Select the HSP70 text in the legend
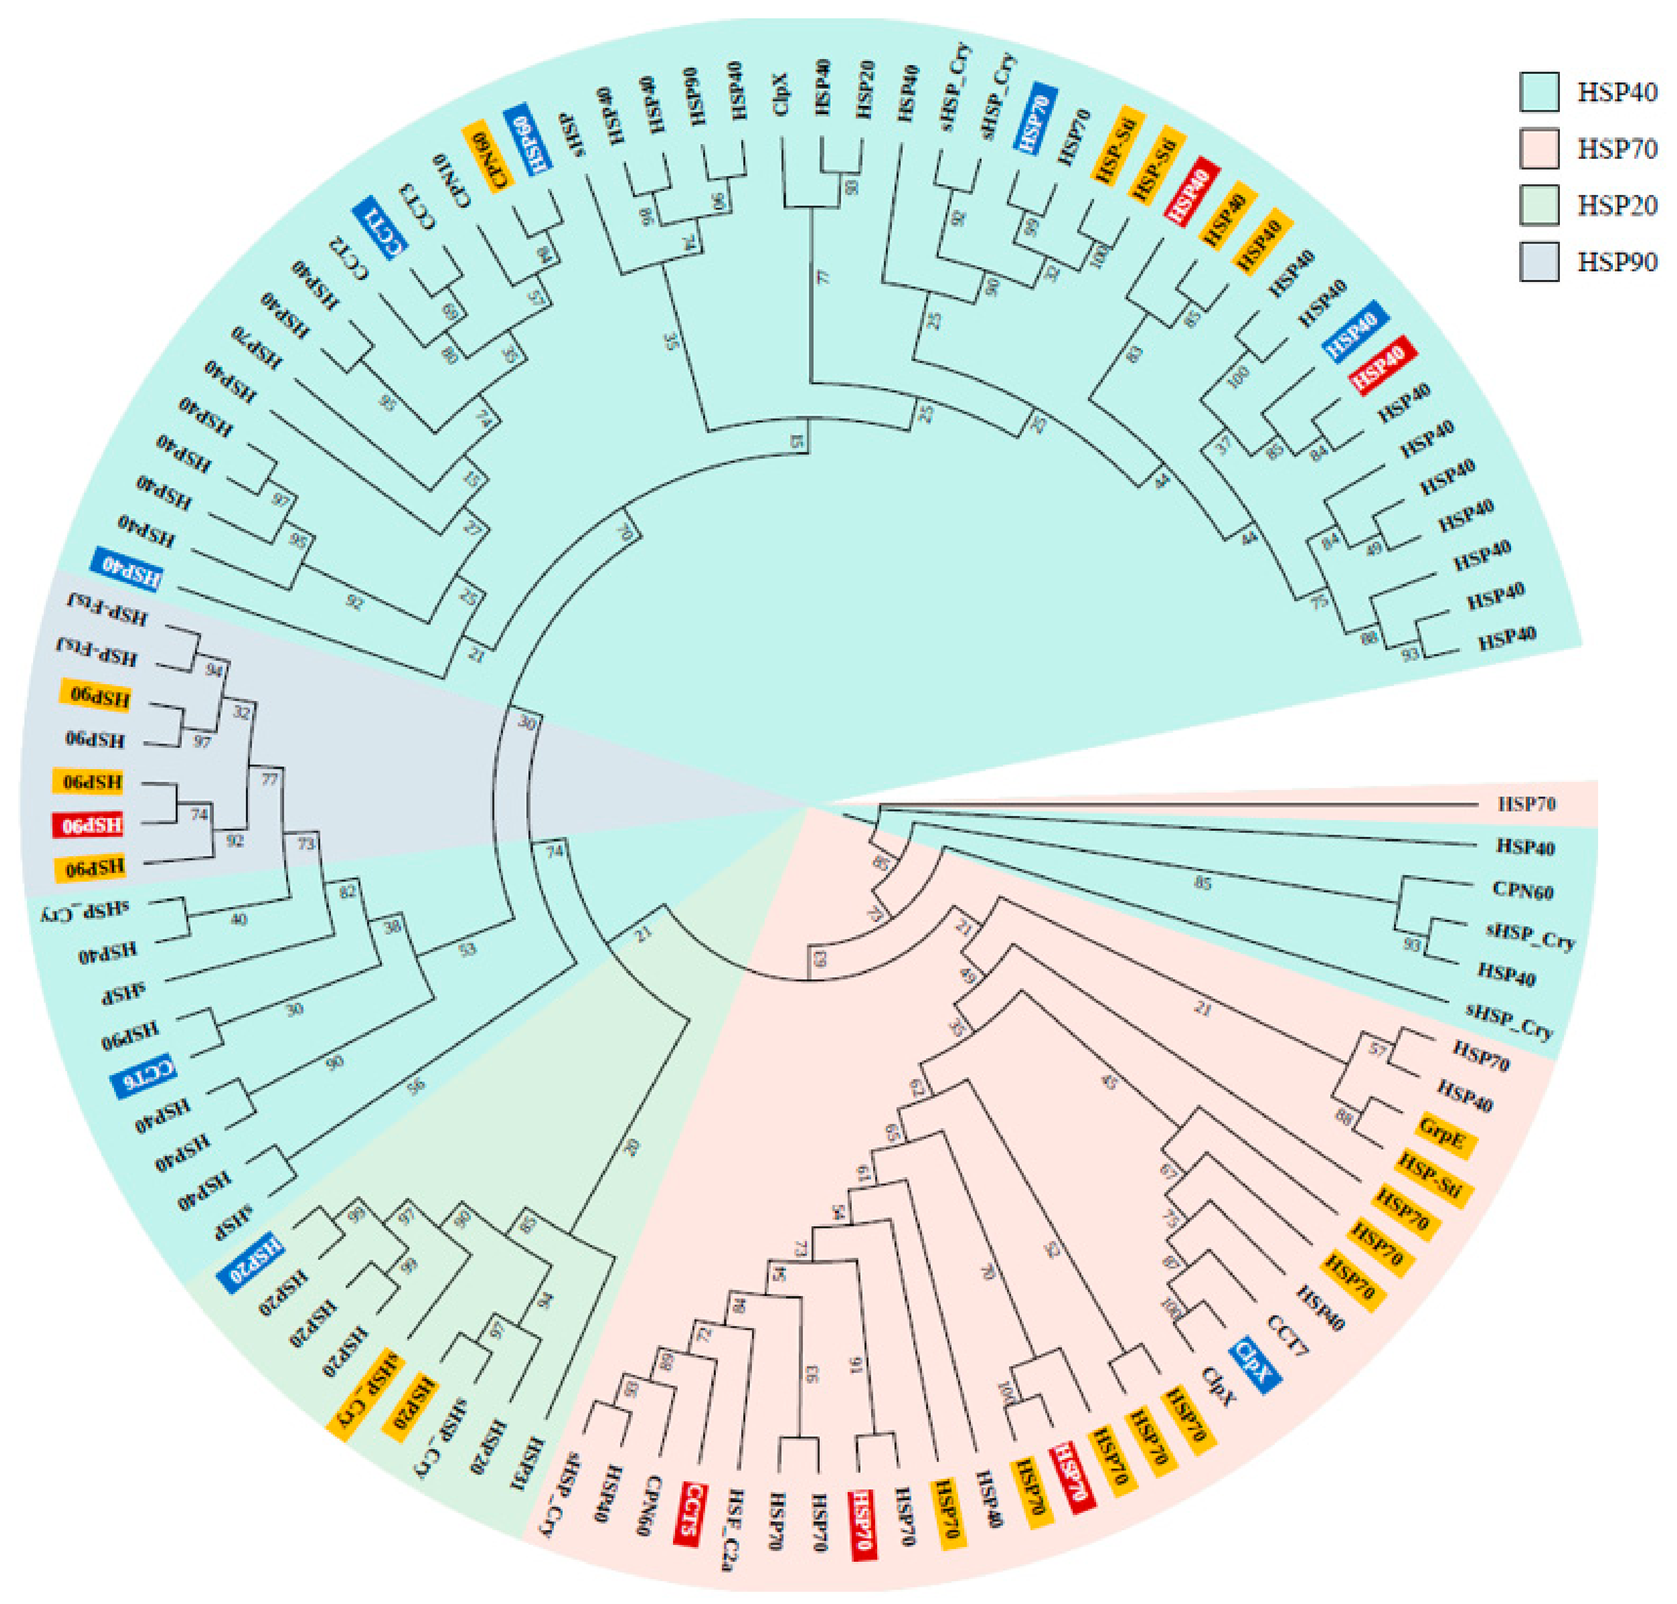tap(1616, 149)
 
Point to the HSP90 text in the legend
tap(1616, 262)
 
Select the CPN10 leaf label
tap(453, 180)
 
